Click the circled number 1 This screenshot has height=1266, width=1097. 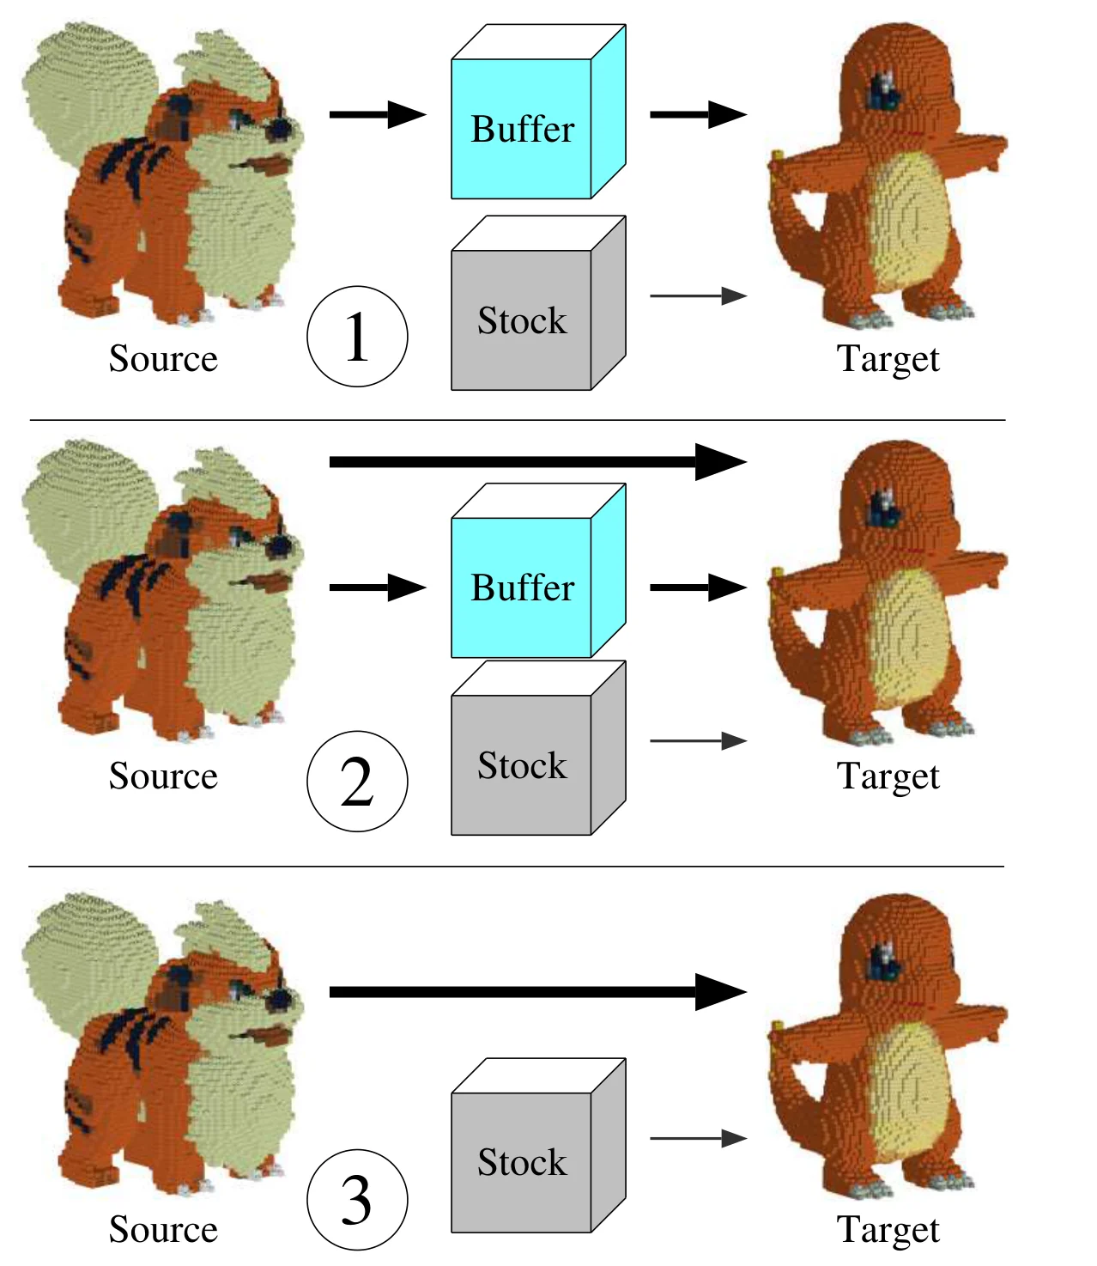357,336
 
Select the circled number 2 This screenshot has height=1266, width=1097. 357,782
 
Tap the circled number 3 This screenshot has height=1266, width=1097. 357,1199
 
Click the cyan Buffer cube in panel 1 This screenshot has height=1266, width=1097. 538,112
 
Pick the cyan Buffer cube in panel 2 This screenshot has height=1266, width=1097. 538,570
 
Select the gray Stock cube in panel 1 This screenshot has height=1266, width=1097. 538,302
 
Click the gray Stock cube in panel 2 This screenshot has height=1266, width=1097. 538,748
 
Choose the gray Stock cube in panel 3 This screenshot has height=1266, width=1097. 538,1146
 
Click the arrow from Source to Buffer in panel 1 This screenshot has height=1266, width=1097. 378,114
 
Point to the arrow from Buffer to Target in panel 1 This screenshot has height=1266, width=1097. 699,114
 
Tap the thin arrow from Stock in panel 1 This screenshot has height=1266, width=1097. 699,295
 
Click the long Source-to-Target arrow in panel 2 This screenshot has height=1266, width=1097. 538,462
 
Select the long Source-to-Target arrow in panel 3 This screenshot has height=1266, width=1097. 538,992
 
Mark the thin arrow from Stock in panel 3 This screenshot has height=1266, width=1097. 699,1139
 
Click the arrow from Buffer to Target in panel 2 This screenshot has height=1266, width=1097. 699,587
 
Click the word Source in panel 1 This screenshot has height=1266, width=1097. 163,358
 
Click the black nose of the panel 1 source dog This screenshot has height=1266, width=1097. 280,128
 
